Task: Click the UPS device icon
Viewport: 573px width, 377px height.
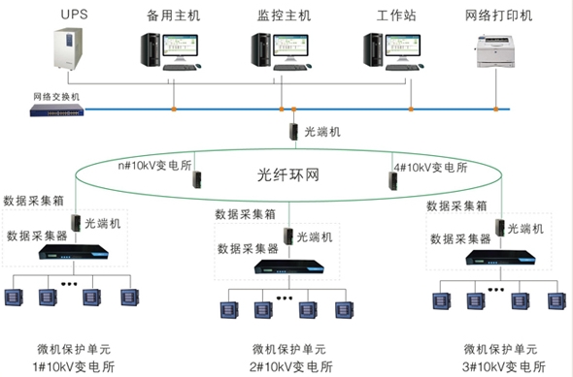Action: (68, 48)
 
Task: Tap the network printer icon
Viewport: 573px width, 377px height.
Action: (496, 51)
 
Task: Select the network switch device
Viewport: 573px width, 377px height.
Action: (57, 110)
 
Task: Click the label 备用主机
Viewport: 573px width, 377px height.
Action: (173, 16)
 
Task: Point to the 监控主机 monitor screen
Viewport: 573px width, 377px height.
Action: (291, 45)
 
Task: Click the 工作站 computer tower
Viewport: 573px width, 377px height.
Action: (373, 49)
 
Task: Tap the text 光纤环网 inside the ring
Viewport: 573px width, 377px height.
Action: (288, 175)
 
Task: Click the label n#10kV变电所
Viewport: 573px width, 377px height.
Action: (155, 166)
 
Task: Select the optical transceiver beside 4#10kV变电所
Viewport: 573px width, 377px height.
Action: (393, 180)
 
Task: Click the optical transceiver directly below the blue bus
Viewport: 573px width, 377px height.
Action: (294, 131)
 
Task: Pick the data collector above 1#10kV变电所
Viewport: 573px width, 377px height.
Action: (74, 252)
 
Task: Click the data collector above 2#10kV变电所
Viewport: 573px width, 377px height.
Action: (289, 267)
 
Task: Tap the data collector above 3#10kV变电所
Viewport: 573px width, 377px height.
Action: (500, 258)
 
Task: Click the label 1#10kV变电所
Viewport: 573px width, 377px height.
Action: (74, 366)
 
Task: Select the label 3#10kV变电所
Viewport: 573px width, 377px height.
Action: (504, 366)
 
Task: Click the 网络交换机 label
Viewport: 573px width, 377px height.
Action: (56, 97)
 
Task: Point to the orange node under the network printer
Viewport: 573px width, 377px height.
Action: (496, 109)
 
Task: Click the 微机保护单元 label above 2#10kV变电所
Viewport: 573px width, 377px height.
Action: (289, 349)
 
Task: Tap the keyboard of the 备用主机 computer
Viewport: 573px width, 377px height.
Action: (180, 68)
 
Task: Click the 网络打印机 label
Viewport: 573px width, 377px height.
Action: (498, 16)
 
